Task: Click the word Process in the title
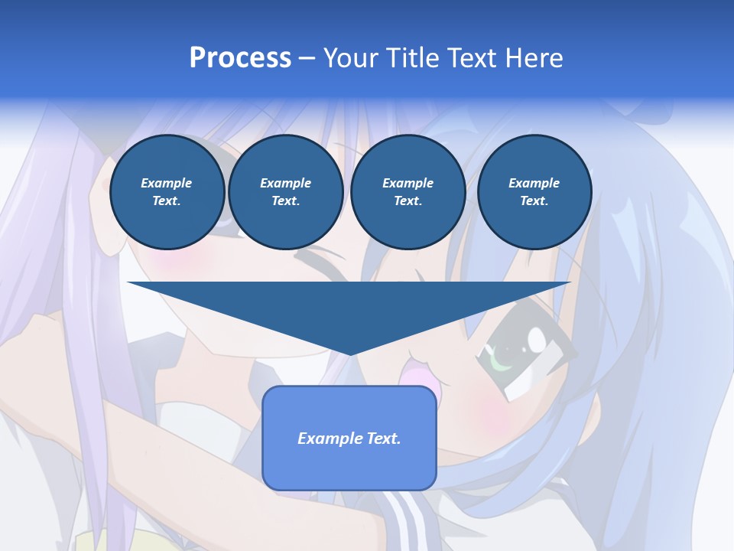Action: coord(240,58)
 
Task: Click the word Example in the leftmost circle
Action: coord(167,183)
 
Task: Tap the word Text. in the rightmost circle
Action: coord(534,201)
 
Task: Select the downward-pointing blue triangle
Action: coord(349,306)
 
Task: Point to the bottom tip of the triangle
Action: coord(349,353)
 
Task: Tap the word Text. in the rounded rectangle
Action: coord(383,439)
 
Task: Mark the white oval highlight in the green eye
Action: coord(538,337)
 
